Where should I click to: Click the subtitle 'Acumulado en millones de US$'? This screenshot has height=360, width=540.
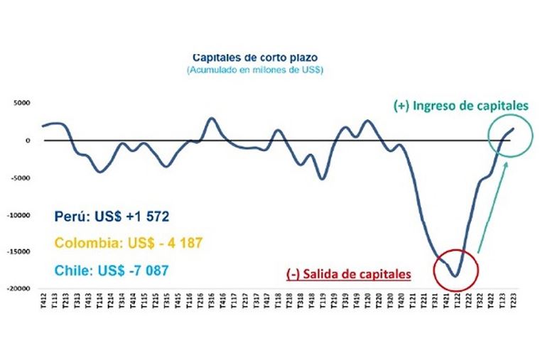(254, 70)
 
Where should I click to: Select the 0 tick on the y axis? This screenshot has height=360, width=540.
(28, 141)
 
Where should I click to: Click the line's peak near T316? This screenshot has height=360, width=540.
(212, 119)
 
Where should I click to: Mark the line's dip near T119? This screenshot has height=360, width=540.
(322, 178)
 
